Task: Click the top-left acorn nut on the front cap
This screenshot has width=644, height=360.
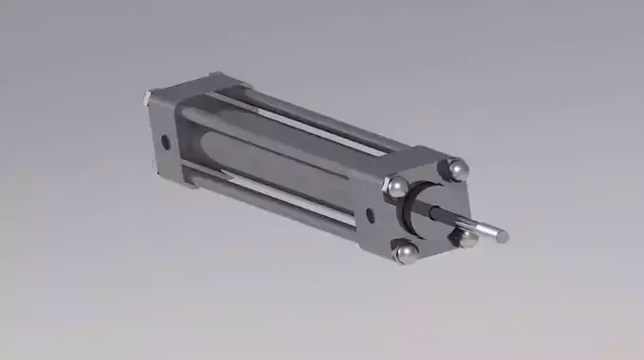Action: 398,187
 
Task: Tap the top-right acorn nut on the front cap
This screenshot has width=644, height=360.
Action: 457,170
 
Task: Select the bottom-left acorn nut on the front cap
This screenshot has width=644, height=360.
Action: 407,252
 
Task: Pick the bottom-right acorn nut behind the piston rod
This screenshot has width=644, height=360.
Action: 466,238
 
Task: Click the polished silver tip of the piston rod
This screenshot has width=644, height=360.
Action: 491,230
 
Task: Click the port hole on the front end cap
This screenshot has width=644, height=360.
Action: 371,213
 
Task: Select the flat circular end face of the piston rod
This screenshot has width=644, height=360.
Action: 502,235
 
